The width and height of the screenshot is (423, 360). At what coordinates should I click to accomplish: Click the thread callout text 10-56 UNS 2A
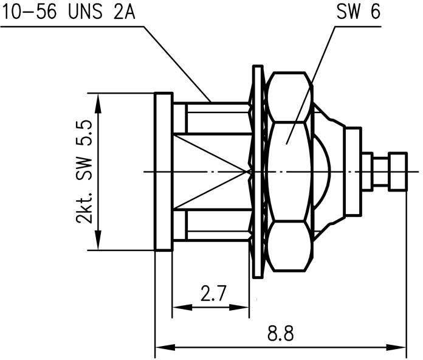pyautogui.click(x=69, y=12)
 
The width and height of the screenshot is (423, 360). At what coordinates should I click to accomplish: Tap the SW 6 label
pyautogui.click(x=359, y=12)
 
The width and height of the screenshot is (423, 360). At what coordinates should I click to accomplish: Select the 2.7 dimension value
pyautogui.click(x=213, y=293)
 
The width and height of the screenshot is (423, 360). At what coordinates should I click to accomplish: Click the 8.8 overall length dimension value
pyautogui.click(x=280, y=334)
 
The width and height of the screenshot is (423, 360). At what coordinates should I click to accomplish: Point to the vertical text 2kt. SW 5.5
pyautogui.click(x=84, y=172)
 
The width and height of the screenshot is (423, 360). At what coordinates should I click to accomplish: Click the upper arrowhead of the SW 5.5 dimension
pyautogui.click(x=98, y=103)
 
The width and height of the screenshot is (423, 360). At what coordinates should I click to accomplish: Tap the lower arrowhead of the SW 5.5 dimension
pyautogui.click(x=98, y=240)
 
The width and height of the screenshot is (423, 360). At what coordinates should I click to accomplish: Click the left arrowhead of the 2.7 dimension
pyautogui.click(x=182, y=307)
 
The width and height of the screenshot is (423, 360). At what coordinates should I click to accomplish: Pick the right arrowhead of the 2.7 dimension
pyautogui.click(x=239, y=307)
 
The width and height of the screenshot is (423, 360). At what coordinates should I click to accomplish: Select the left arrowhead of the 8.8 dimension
pyautogui.click(x=165, y=347)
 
